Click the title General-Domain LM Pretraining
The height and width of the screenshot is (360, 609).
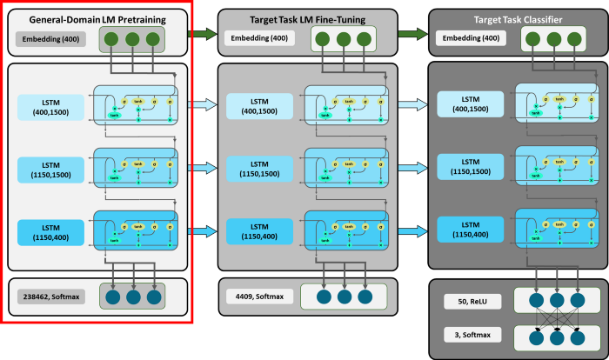(97, 19)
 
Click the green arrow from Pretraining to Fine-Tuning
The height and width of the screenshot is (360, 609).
(203, 35)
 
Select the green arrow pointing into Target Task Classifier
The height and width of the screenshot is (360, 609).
(412, 35)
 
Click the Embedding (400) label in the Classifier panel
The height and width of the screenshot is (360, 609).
(470, 38)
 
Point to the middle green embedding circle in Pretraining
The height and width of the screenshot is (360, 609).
(131, 38)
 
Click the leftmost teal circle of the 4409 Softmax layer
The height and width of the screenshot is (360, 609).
(319, 297)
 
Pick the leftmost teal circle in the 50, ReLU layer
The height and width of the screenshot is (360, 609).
(531, 301)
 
